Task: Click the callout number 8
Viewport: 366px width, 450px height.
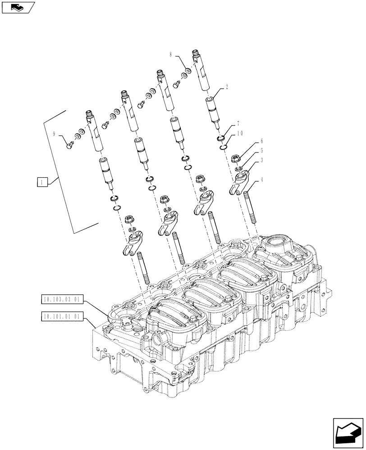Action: [x=171, y=54]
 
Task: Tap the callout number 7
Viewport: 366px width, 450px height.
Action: [x=237, y=123]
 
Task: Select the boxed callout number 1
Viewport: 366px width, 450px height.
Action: [x=41, y=182]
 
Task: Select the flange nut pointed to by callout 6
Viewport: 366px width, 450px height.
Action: [x=235, y=158]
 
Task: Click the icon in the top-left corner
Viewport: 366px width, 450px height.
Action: [x=18, y=7]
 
